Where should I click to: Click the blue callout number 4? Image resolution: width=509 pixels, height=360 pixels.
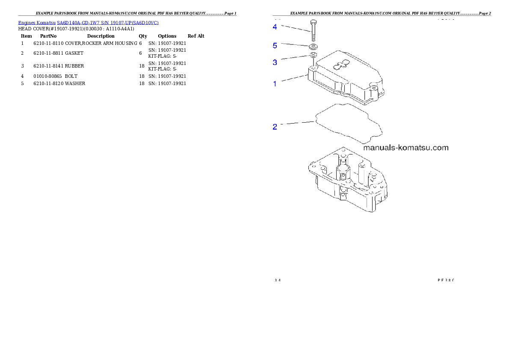point(275,27)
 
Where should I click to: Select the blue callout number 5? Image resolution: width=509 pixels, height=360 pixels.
point(275,45)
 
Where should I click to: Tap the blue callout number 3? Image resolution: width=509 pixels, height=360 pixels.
point(275,62)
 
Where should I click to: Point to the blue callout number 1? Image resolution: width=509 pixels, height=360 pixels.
point(275,84)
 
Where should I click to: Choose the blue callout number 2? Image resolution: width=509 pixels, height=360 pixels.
point(275,127)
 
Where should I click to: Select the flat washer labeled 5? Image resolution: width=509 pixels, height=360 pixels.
point(313,46)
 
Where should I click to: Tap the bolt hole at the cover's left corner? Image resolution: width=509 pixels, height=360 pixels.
point(313,68)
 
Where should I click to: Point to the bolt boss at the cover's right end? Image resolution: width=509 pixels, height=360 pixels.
point(375,89)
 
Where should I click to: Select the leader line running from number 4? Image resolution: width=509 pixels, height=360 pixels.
point(295,29)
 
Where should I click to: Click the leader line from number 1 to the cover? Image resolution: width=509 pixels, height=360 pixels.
point(293,79)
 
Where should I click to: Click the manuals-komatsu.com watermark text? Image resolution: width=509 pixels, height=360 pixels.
point(405,148)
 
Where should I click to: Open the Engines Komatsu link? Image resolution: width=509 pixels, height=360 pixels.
point(37,22)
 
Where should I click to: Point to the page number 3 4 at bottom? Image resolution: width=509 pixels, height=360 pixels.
point(277,280)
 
